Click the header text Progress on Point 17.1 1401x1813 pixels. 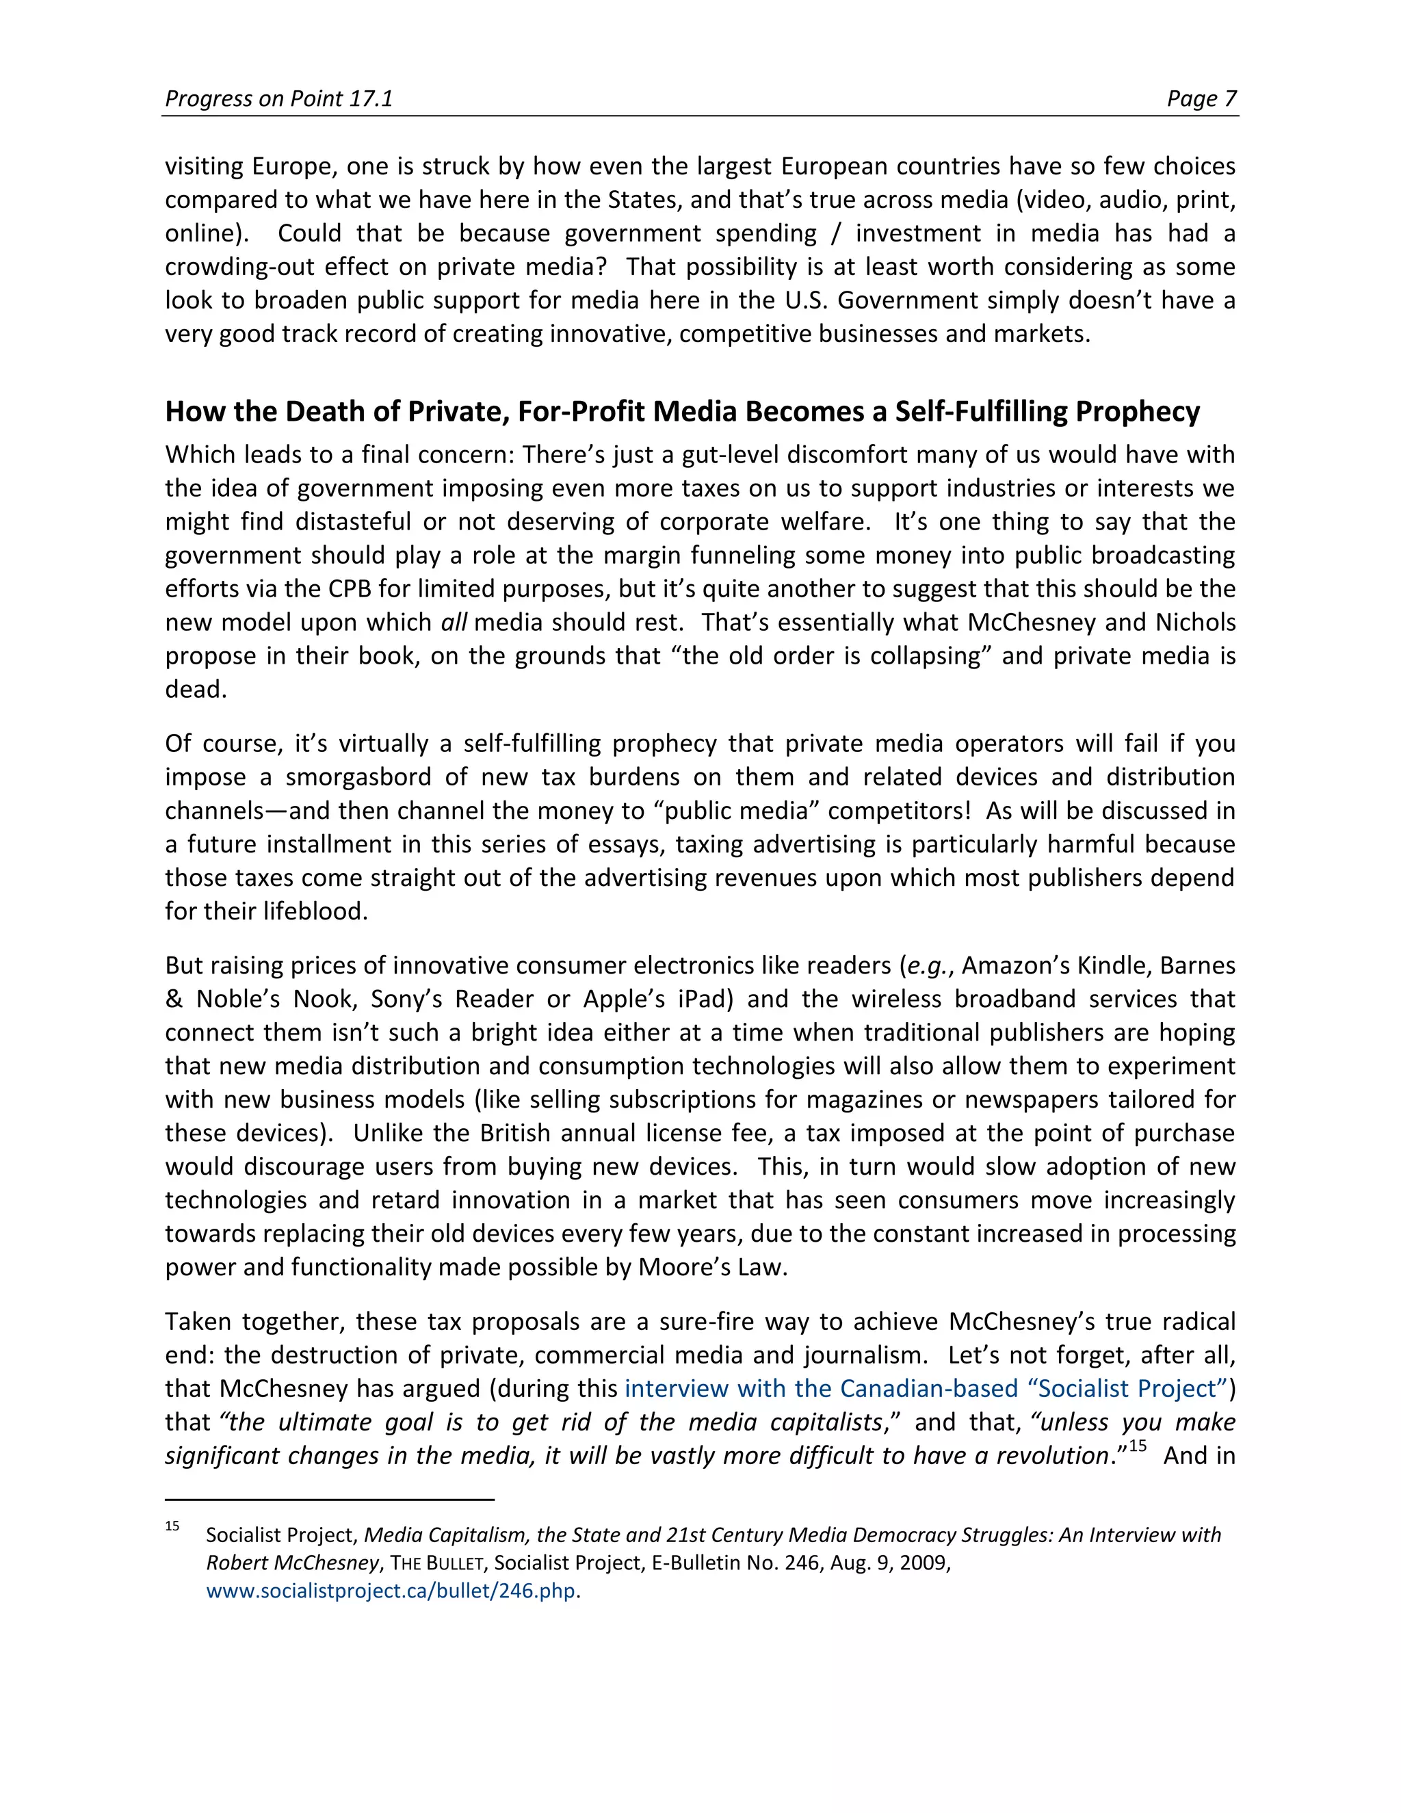[x=278, y=99]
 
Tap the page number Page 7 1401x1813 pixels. [x=1201, y=99]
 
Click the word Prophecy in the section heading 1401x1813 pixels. [x=1137, y=412]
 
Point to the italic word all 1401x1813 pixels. [x=453, y=623]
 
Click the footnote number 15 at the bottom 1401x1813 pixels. [x=172, y=1526]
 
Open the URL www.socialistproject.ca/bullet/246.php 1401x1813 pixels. [x=390, y=1591]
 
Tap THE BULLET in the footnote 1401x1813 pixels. [x=436, y=1563]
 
